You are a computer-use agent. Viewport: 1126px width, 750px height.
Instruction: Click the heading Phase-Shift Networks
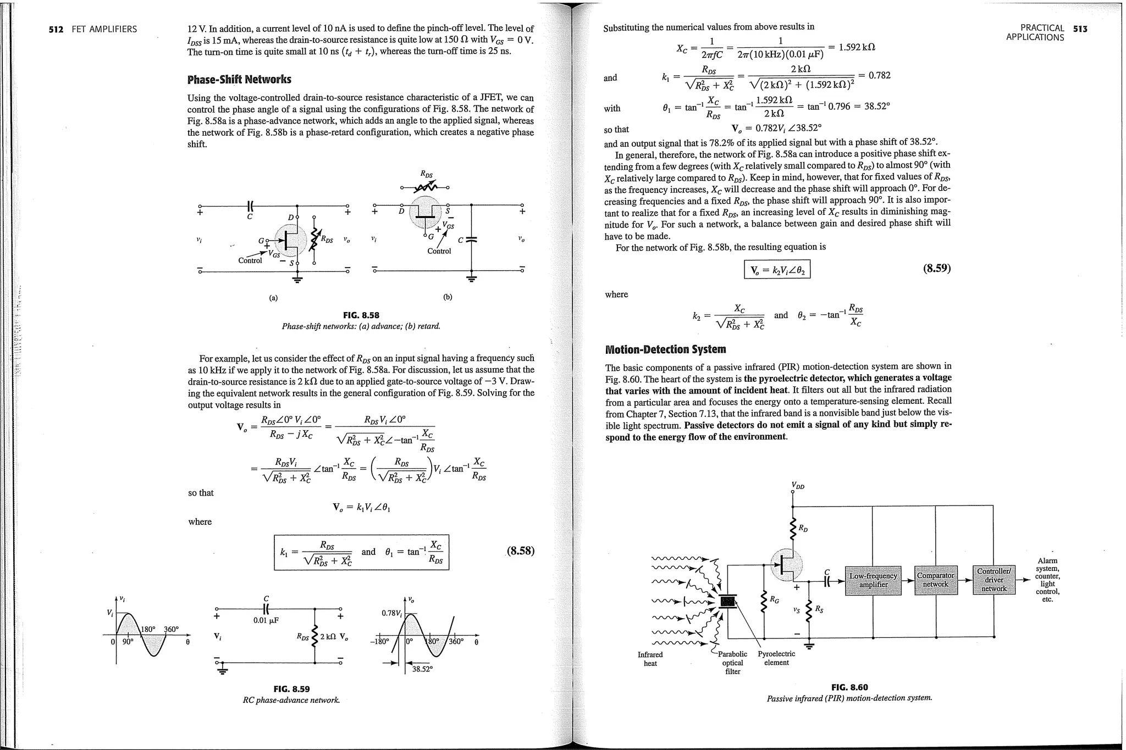239,79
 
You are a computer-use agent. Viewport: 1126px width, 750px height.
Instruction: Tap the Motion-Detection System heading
665,349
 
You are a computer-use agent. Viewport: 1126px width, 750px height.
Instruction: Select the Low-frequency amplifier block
873,580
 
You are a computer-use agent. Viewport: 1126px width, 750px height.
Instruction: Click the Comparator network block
936,580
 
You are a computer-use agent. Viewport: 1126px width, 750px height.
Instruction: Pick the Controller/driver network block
994,580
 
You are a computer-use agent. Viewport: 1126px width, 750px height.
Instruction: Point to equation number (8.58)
520,551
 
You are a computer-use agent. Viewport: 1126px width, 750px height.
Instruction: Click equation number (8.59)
936,268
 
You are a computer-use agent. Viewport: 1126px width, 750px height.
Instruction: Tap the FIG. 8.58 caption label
361,315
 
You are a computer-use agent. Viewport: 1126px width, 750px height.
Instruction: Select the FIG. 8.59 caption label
291,689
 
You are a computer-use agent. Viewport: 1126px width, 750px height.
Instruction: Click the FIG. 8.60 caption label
849,687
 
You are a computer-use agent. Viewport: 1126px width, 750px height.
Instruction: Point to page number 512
56,29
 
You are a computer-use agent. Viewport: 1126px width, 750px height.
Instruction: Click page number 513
1080,29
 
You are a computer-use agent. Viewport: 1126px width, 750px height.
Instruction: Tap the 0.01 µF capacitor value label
266,620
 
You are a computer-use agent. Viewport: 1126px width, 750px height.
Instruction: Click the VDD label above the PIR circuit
798,485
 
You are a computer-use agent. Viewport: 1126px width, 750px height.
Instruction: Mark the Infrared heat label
650,659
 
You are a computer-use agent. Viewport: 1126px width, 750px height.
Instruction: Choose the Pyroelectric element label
776,658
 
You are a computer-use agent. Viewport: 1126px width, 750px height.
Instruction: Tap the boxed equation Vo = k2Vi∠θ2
776,270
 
